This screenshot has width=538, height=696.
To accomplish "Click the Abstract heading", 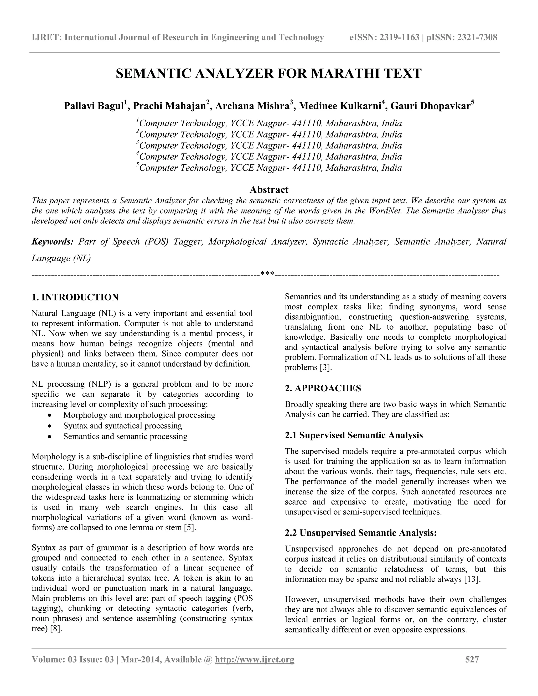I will point(269,190).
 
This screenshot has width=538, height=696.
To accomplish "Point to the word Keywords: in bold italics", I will point(53,242).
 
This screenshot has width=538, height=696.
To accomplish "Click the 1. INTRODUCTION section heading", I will point(75,297).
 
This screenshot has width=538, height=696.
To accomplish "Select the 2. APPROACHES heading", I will point(323,388).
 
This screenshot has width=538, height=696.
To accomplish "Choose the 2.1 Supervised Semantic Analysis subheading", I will point(354,435).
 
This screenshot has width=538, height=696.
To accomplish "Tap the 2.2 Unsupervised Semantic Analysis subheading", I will point(360,533).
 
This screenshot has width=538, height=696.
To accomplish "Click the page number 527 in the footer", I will point(472,659).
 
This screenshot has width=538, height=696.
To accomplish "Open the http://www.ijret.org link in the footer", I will point(255,659).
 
